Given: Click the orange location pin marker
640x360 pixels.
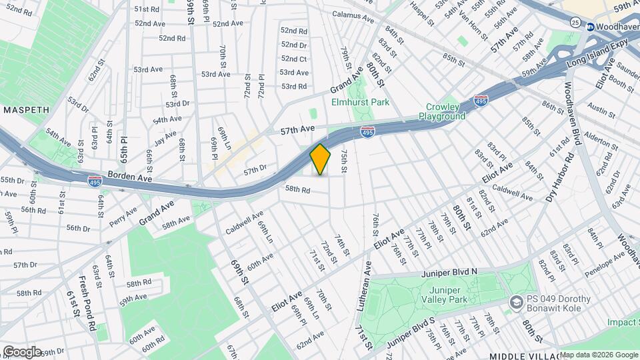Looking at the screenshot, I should point(321,159).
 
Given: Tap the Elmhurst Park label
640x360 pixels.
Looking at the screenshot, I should point(361,103).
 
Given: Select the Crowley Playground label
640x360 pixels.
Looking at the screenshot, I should point(442,111).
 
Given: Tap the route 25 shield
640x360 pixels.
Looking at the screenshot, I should point(575,23).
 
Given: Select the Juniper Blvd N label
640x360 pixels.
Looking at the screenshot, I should point(450,273).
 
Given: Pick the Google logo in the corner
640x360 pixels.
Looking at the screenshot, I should point(21,351).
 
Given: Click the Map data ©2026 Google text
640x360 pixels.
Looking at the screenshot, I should point(598,355).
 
